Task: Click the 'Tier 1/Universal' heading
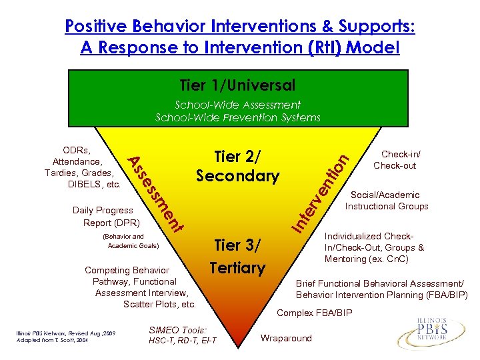pos(237,85)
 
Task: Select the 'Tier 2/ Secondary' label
pos(237,166)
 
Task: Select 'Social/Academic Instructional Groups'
pos(386,201)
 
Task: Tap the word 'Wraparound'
pos(286,338)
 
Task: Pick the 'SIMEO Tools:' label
pos(179,329)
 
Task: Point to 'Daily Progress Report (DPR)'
pos(103,216)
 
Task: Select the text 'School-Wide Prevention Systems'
pos(237,117)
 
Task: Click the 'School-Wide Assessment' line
pos(237,105)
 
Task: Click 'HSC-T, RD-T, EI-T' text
pos(183,341)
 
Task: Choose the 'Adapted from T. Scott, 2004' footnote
pos(49,340)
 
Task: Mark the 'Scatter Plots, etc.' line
pos(159,304)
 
